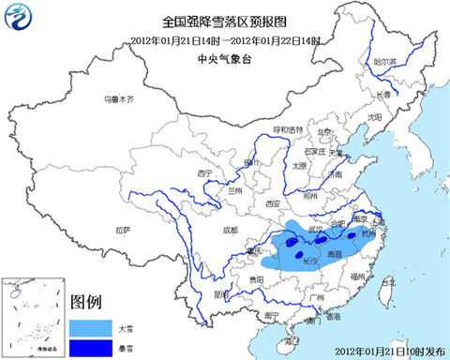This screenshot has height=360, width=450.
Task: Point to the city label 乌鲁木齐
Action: click(x=119, y=98)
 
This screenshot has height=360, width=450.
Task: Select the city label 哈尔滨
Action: click(x=385, y=62)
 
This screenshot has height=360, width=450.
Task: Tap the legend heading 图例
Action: click(x=86, y=302)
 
